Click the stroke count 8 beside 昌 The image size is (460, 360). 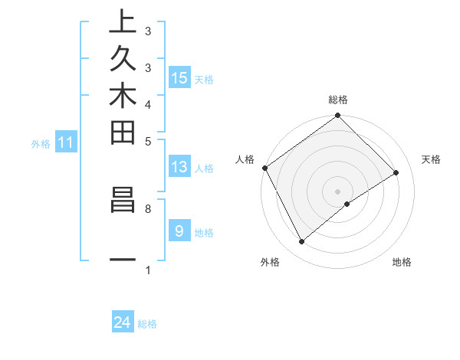pos(147,208)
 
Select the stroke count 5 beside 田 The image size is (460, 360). pos(147,141)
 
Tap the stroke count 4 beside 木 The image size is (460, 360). pos(147,104)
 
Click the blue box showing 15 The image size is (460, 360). pos(179,77)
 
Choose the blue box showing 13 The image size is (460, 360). pos(179,167)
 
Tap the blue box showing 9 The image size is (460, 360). pos(179,231)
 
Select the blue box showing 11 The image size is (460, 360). pos(66,142)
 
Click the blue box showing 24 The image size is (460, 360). pos(122,323)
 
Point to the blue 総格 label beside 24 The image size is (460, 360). pos(147,324)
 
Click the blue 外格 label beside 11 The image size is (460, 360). pos(41,142)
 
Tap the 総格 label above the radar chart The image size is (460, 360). pos(337,100)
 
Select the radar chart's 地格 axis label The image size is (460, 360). pos(402,262)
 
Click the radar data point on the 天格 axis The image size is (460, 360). pos(396,172)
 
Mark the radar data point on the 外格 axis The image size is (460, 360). pos(302,242)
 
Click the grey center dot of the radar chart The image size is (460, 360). pos(337,191)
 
